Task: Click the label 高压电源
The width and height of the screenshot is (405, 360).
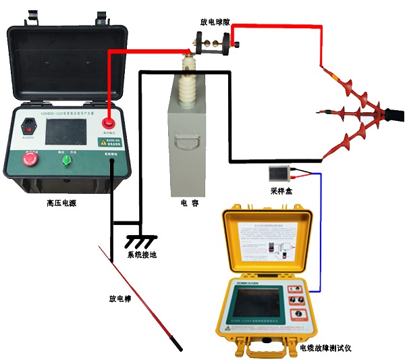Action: [x=61, y=203]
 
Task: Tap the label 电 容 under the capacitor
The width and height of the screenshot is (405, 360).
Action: [x=189, y=203]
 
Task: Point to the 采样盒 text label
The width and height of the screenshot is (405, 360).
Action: [x=280, y=192]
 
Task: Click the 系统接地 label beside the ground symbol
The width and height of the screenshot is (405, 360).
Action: [x=143, y=255]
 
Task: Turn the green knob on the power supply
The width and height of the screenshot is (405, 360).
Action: [x=67, y=159]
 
